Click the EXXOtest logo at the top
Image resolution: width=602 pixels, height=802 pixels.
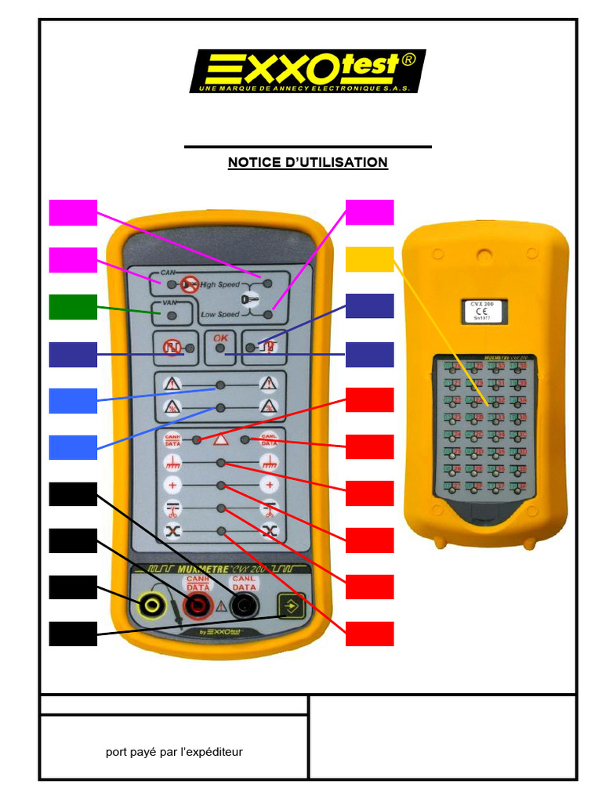306,71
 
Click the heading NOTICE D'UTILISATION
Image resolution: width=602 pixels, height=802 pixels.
307,162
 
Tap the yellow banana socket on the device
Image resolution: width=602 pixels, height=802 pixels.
150,604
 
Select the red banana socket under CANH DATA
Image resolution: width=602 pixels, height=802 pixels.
198,604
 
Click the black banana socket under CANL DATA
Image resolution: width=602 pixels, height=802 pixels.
245,604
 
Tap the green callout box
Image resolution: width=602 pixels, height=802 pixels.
73,307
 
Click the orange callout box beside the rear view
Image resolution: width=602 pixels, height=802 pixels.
369,260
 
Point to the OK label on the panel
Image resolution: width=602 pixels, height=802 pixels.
219,338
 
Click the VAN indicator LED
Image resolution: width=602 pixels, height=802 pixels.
171,315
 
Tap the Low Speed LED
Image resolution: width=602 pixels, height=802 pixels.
268,315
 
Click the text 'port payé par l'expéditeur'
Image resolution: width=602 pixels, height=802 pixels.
174,752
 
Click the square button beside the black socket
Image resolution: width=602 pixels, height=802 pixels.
291,605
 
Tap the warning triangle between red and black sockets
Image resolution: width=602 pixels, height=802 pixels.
221,605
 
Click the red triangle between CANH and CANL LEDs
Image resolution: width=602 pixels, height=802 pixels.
220,439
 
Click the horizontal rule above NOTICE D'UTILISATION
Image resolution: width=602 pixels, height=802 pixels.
307,146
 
